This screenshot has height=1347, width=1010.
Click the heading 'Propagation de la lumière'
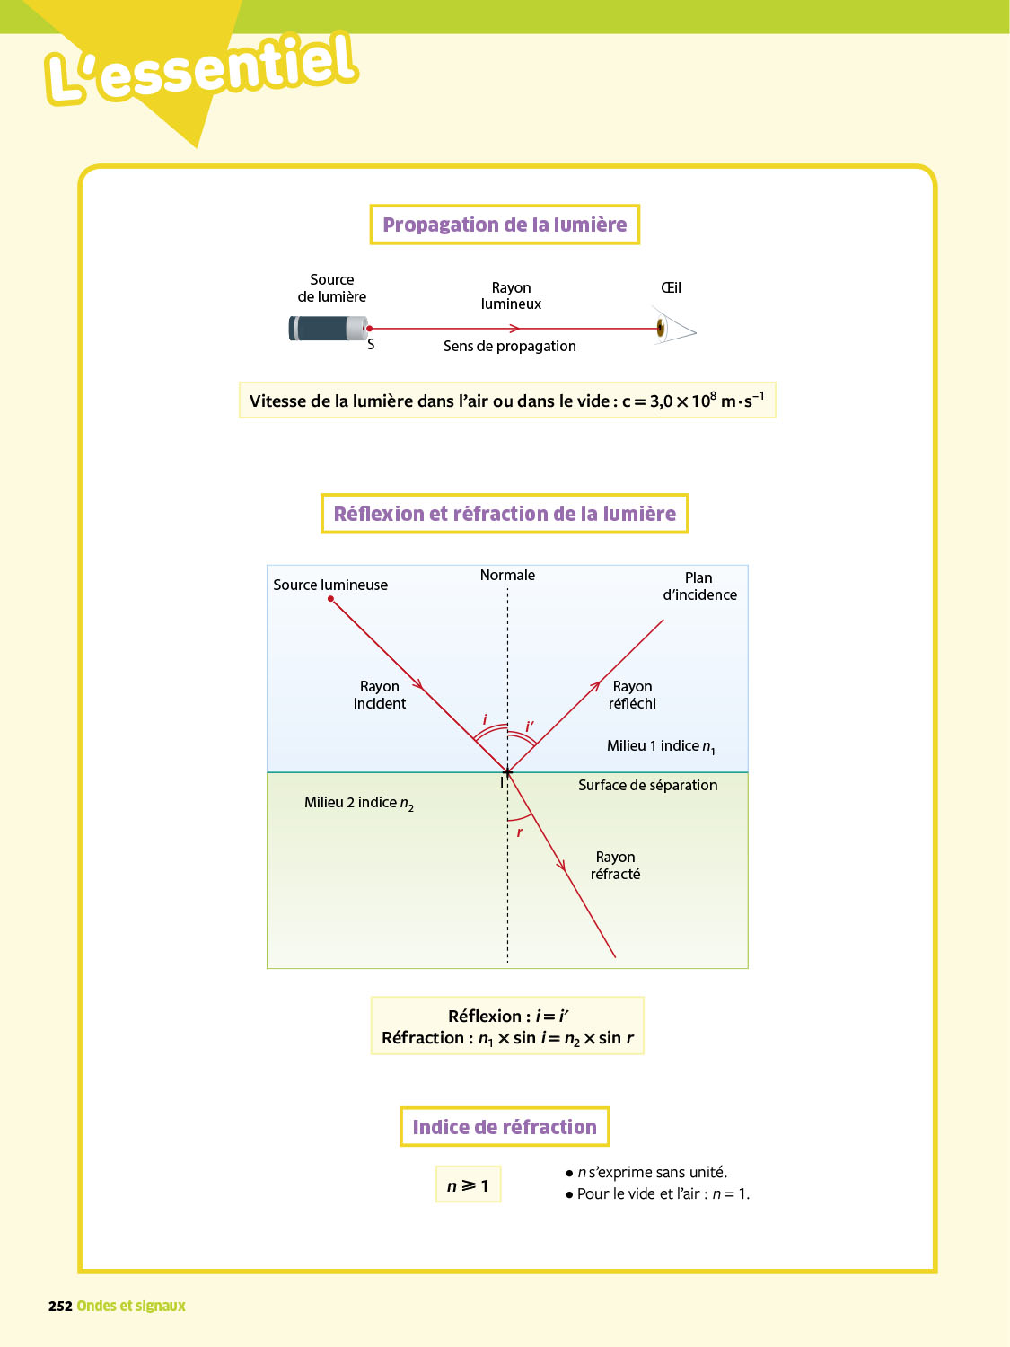point(505,224)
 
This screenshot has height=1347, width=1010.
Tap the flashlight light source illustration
point(328,329)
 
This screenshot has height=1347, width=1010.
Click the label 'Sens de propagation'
point(509,347)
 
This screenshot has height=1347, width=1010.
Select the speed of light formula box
point(507,401)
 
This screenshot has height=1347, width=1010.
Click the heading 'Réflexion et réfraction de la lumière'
point(505,514)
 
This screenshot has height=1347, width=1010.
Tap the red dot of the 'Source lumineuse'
point(331,599)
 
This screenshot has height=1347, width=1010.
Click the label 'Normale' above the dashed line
point(507,576)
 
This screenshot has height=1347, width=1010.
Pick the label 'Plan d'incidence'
point(699,586)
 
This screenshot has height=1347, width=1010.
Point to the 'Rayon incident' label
point(380,695)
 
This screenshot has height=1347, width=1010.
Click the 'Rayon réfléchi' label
point(632,695)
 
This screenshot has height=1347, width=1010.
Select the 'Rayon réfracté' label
point(616,866)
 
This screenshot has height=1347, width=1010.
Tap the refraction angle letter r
point(519,832)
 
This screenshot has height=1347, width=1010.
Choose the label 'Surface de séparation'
point(647,786)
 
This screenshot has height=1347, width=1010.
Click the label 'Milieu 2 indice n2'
point(358,803)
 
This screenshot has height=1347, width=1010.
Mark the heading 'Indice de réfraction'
point(505,1127)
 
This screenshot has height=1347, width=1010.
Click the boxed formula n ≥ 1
point(468,1185)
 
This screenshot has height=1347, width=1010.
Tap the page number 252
point(60,1307)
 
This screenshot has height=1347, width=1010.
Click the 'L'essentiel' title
point(202,68)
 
